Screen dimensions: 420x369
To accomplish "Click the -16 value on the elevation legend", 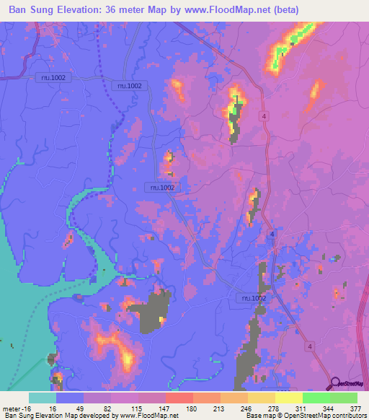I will click(31, 408).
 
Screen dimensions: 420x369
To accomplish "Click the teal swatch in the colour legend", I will click(43, 398).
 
